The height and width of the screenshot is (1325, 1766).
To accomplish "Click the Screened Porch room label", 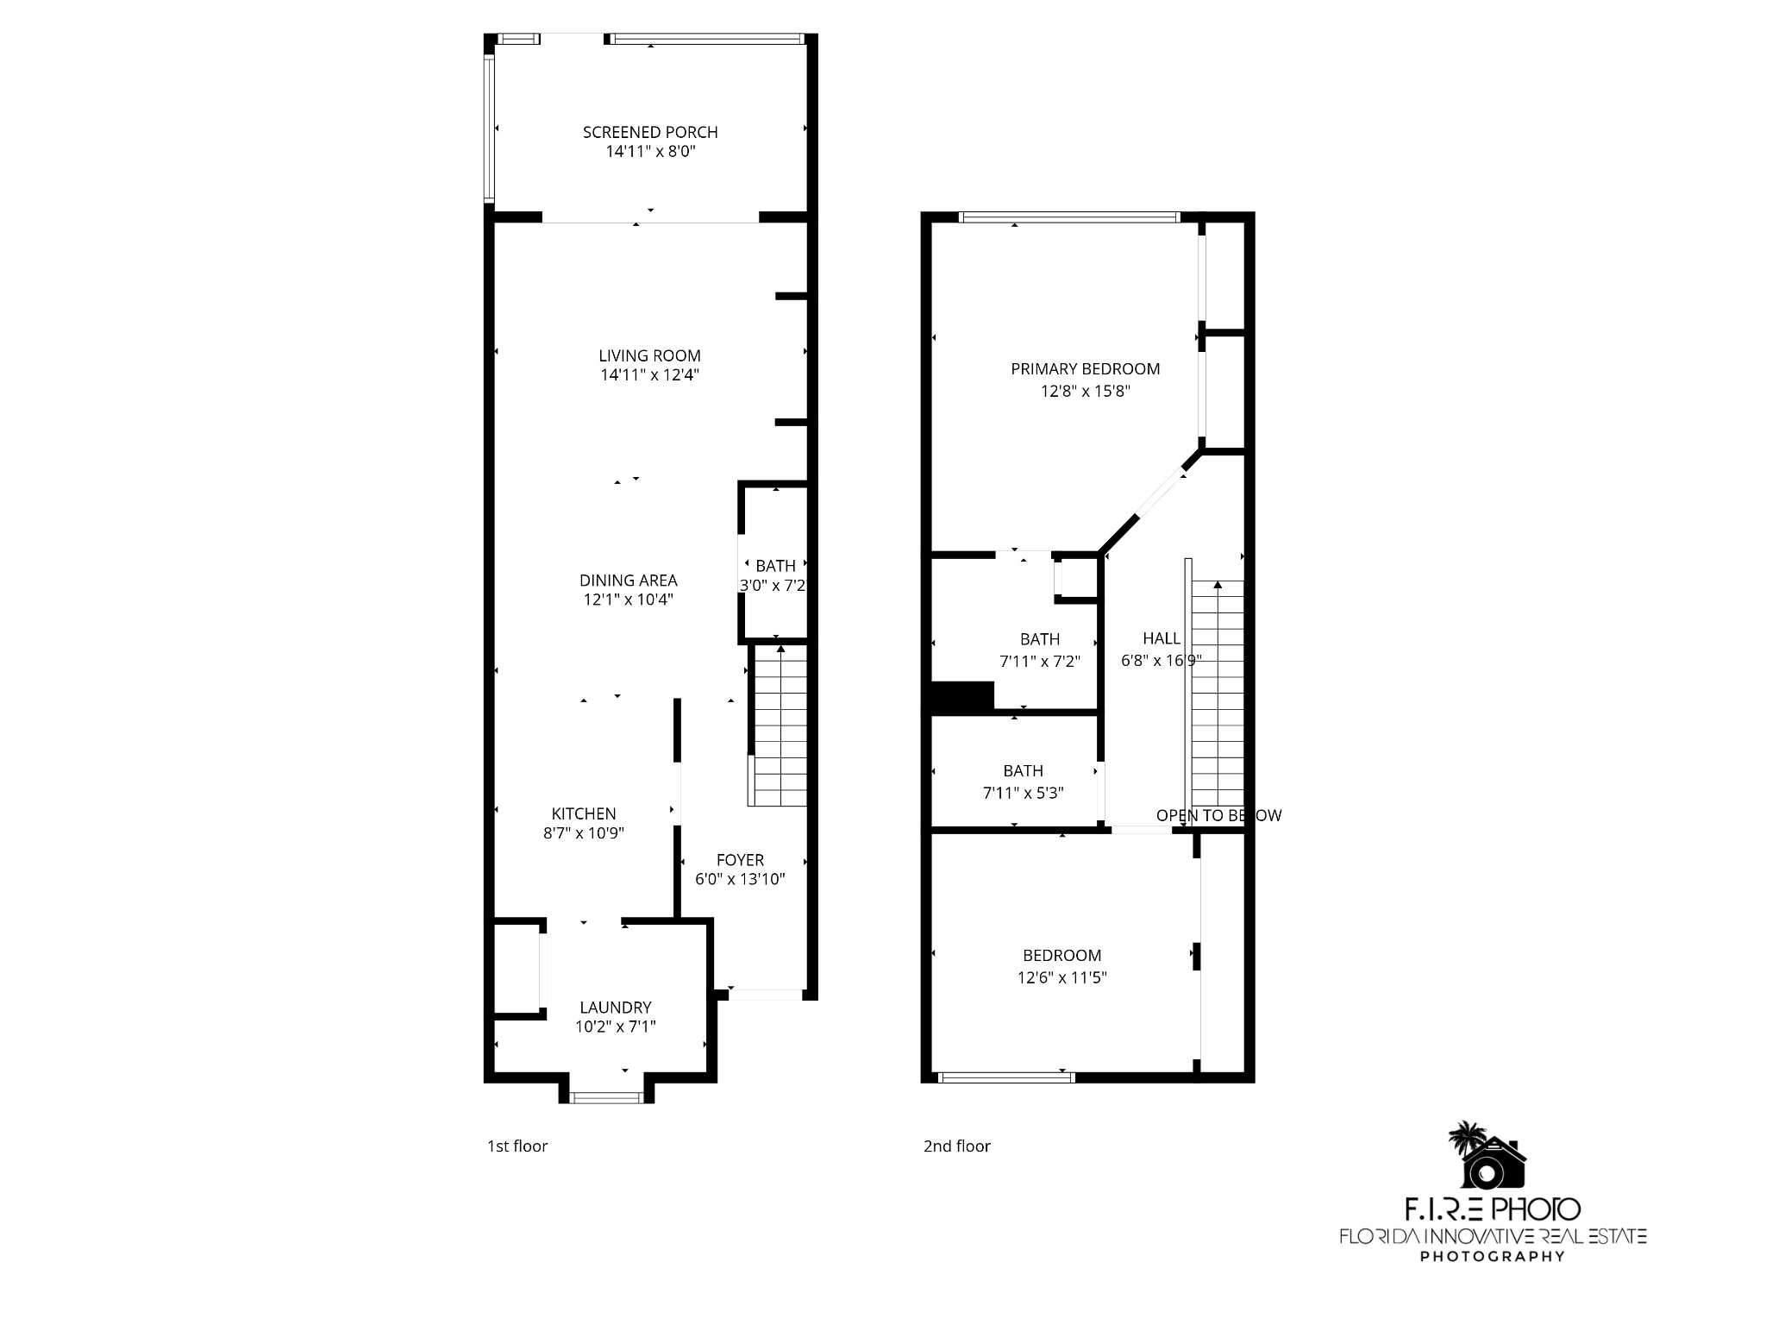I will (650, 132).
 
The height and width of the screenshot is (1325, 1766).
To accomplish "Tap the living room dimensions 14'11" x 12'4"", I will (649, 375).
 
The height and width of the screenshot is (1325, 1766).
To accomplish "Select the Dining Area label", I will (628, 581).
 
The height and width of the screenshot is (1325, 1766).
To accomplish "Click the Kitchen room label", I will (584, 813).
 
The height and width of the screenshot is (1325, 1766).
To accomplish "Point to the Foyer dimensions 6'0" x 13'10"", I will (740, 880).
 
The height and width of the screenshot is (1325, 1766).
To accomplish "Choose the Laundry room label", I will (615, 1007).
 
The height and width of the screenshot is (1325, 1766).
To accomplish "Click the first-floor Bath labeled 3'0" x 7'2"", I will (775, 567).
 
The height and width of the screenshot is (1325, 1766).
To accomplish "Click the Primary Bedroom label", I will (1085, 369).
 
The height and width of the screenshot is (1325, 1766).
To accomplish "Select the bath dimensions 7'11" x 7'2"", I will (1039, 662).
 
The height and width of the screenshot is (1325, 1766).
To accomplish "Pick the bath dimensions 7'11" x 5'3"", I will (1023, 793).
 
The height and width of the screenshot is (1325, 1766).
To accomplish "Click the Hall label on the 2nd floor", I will (1161, 638).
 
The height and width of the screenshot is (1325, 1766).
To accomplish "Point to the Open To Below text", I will (1218, 815).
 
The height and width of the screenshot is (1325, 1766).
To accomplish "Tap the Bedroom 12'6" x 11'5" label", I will (1061, 956).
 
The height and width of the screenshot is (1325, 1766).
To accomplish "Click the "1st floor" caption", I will (517, 1146).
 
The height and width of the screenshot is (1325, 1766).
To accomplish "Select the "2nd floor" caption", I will (956, 1146).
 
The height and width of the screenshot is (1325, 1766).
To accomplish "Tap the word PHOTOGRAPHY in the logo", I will (1492, 1256).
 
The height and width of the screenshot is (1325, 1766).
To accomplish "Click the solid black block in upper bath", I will (963, 697).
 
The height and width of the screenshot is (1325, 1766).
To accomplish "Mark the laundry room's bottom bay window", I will (607, 1097).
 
